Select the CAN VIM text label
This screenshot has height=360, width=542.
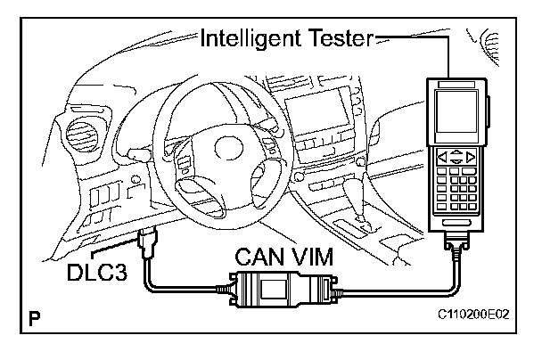(284, 258)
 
